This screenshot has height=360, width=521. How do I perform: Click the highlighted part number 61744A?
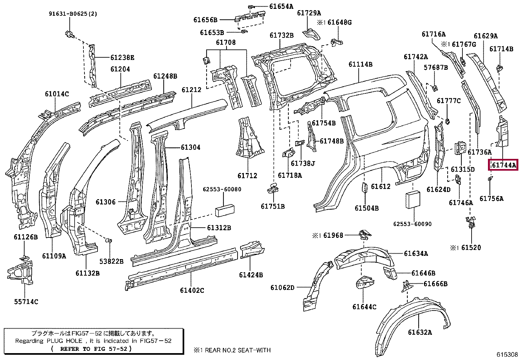(504, 165)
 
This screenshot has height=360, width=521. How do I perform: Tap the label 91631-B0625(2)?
(73, 14)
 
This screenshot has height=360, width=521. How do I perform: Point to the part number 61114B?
(360, 64)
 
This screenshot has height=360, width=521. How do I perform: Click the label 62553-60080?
(222, 189)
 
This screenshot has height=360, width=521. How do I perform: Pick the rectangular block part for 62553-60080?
(225, 210)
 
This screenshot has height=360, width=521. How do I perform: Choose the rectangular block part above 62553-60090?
(413, 199)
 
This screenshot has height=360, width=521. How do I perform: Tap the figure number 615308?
(507, 354)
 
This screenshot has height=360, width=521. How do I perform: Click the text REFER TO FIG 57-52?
(94, 349)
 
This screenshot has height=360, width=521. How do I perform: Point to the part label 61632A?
(420, 332)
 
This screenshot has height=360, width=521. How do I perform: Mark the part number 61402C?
(192, 290)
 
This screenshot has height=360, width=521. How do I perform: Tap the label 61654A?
(281, 7)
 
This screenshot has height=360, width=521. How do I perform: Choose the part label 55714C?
(26, 302)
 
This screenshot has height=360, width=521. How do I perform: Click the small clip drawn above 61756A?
(490, 179)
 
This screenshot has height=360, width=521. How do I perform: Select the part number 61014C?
(57, 94)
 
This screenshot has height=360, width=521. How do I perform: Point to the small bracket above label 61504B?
(364, 187)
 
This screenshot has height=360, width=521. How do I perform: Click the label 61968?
(333, 236)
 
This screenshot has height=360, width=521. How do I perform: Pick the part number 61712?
(247, 176)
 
